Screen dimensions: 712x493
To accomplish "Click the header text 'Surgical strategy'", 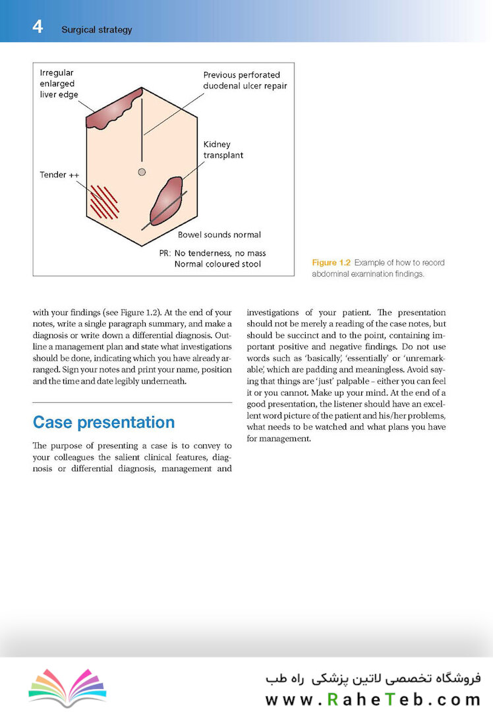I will coord(96,30).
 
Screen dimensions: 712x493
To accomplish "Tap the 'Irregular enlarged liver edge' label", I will coord(57,83).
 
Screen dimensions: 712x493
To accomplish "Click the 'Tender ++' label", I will coord(59,175).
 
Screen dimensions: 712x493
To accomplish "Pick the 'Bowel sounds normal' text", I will coord(219,234).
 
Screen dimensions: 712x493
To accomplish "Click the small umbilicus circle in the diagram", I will coord(141,172).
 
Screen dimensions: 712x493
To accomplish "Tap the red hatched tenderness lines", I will coord(104,202).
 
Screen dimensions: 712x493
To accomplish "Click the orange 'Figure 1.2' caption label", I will coord(331,262).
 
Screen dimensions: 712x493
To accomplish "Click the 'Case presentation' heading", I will coord(103,422).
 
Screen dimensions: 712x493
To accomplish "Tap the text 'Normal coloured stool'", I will coord(217,264).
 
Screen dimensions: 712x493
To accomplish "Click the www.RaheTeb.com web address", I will coord(373,699).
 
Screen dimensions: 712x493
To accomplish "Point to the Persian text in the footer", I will coord(373,678).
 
